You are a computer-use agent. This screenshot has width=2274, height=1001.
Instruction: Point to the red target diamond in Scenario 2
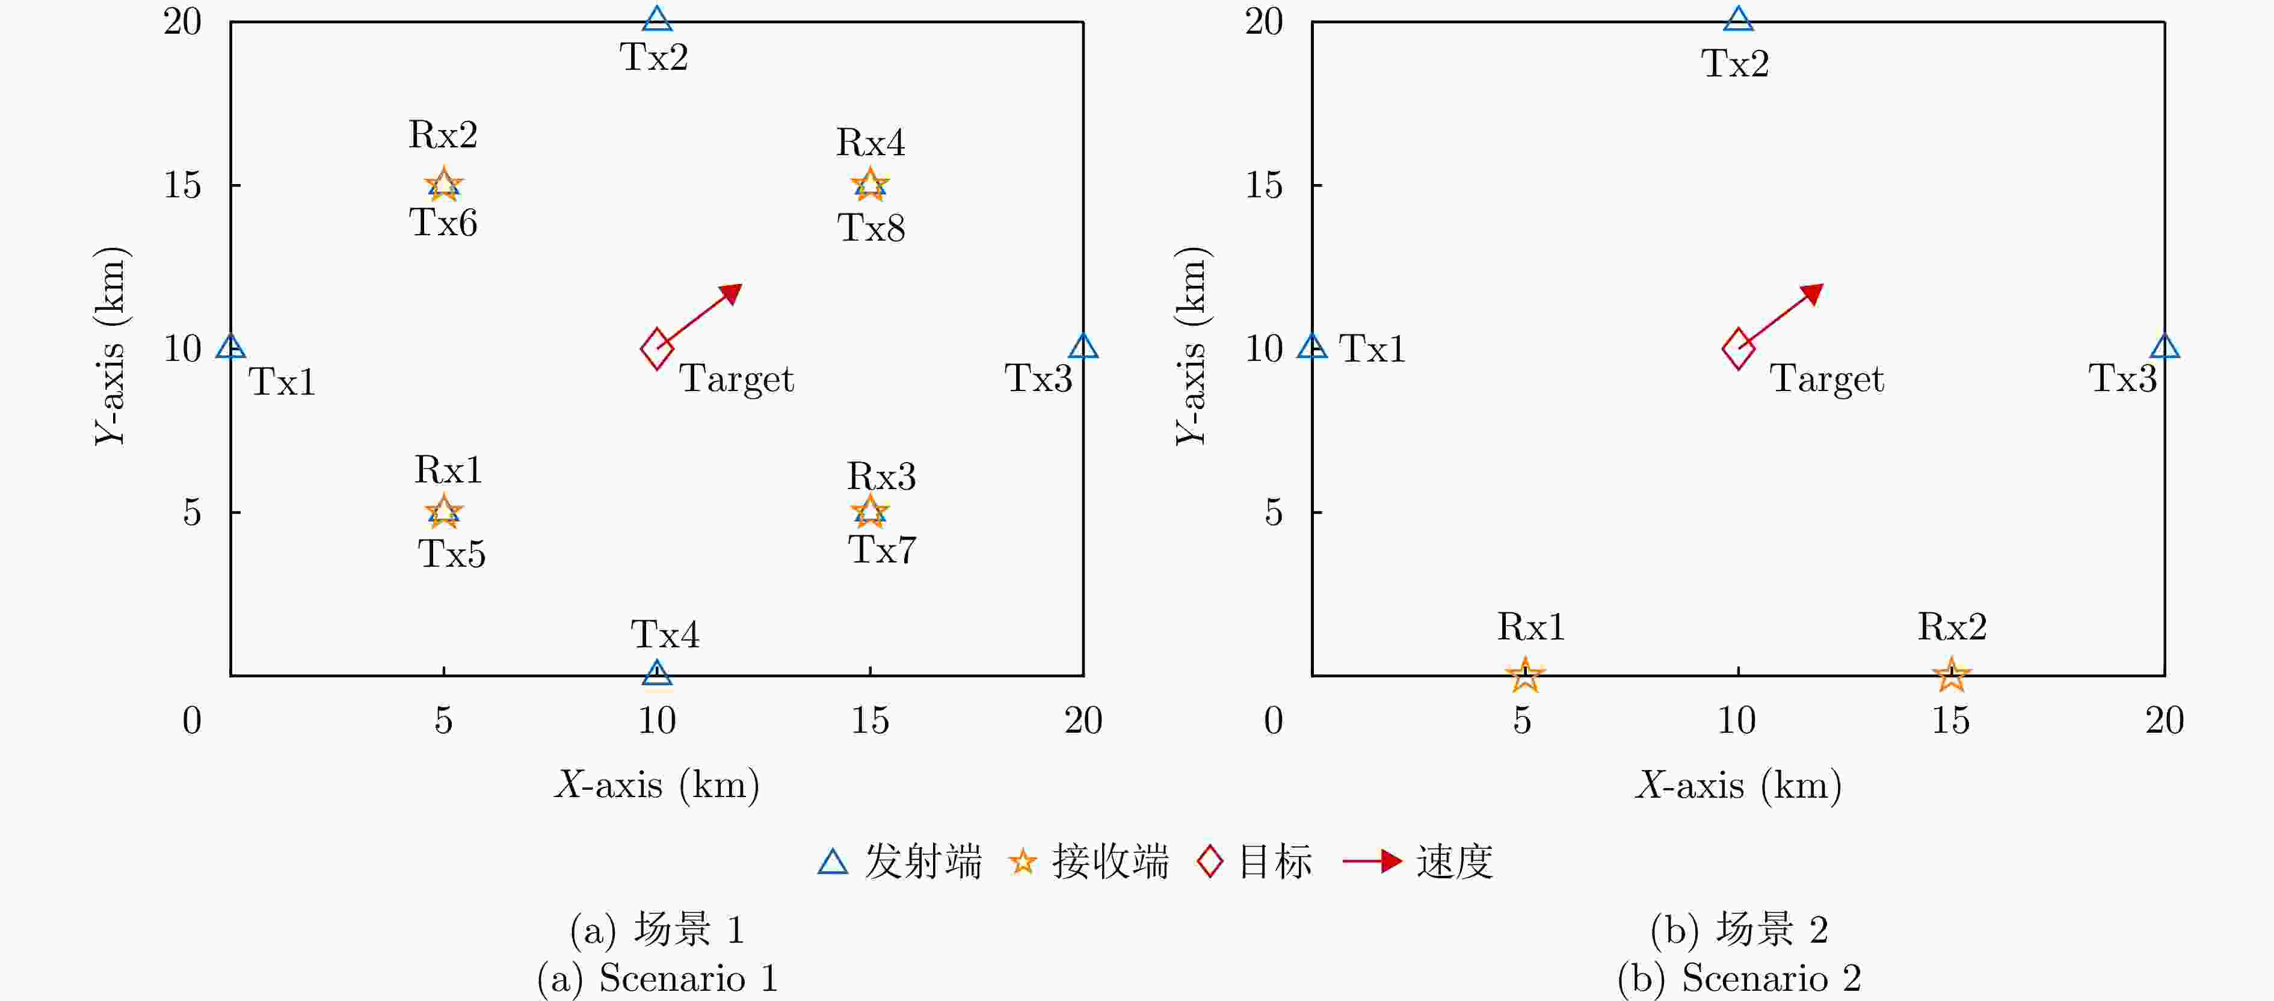point(1738,349)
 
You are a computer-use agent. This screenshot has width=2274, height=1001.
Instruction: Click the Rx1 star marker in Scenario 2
point(1524,676)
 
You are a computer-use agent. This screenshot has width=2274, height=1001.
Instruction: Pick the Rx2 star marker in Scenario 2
point(1952,676)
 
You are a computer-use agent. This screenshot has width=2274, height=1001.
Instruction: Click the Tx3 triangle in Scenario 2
point(2165,347)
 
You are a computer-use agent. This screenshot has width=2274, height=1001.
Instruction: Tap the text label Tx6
point(443,223)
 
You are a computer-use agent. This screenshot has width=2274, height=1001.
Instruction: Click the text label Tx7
point(883,550)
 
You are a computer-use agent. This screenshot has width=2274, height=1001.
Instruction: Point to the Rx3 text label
point(882,476)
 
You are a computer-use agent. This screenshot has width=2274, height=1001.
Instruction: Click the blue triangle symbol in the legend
point(833,863)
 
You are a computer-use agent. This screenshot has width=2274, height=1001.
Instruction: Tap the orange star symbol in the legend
point(1022,861)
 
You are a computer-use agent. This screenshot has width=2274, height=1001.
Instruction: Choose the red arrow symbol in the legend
point(1373,861)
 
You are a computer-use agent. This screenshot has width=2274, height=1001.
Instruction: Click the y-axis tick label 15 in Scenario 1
point(183,185)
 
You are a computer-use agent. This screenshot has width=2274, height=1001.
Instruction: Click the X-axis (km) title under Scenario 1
point(658,784)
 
